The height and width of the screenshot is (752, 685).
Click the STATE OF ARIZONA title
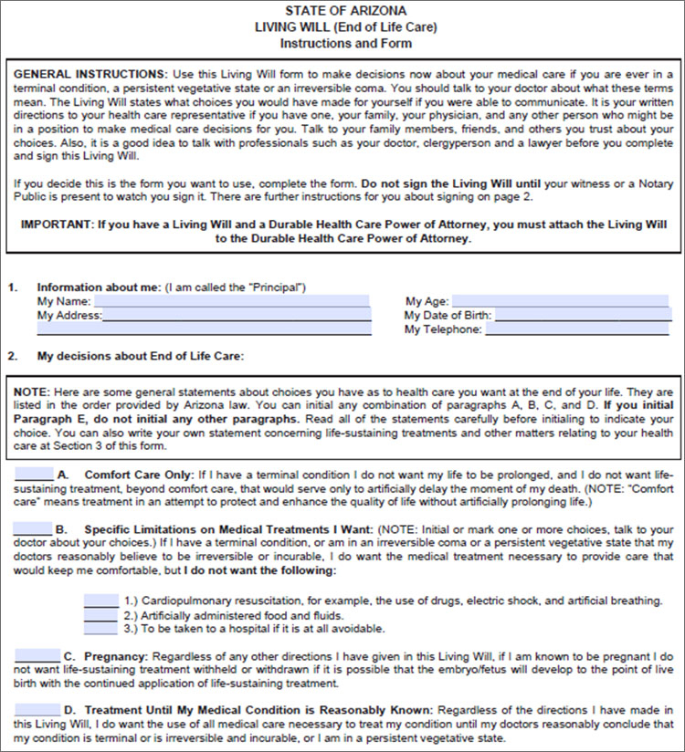[x=345, y=10]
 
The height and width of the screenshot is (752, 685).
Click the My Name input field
[x=231, y=300]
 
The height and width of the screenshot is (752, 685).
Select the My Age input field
[x=561, y=300]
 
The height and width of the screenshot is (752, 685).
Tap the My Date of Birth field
[x=583, y=315]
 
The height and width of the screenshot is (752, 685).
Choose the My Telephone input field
[x=577, y=329]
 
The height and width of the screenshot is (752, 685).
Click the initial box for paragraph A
[x=34, y=475]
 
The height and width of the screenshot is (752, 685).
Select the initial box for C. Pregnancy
[x=37, y=655]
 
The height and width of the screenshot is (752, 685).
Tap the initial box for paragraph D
[x=37, y=709]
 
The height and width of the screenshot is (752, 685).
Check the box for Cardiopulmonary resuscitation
[x=100, y=600]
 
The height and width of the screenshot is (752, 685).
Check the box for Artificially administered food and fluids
[x=100, y=614]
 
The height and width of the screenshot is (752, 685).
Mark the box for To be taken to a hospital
[x=100, y=628]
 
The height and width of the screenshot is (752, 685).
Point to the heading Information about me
[x=99, y=287]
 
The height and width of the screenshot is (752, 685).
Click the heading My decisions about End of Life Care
[x=141, y=356]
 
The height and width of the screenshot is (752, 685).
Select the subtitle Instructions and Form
[x=345, y=43]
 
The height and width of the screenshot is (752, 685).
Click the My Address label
[x=69, y=315]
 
